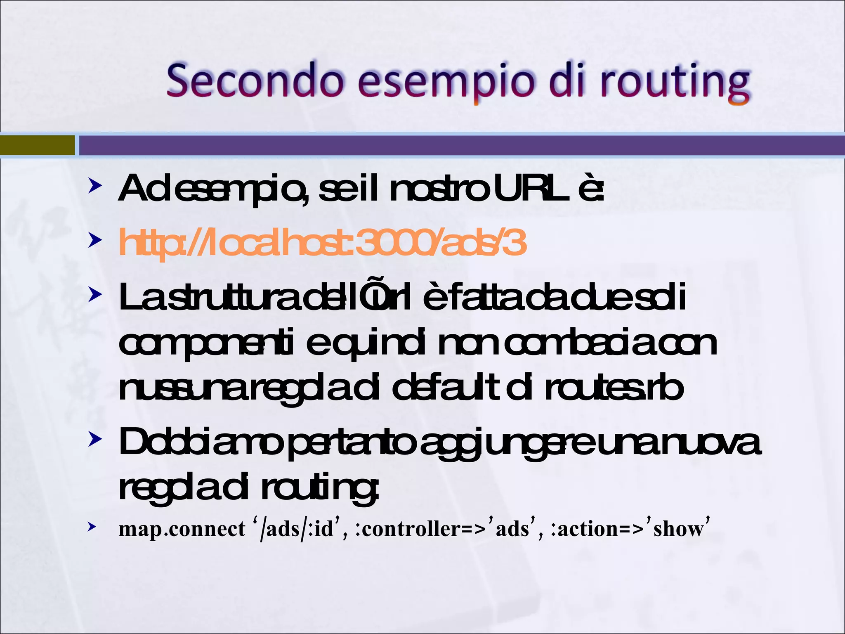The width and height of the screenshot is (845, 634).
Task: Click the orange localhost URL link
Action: [322, 243]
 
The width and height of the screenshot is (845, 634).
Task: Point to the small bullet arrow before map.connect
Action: [92, 526]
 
